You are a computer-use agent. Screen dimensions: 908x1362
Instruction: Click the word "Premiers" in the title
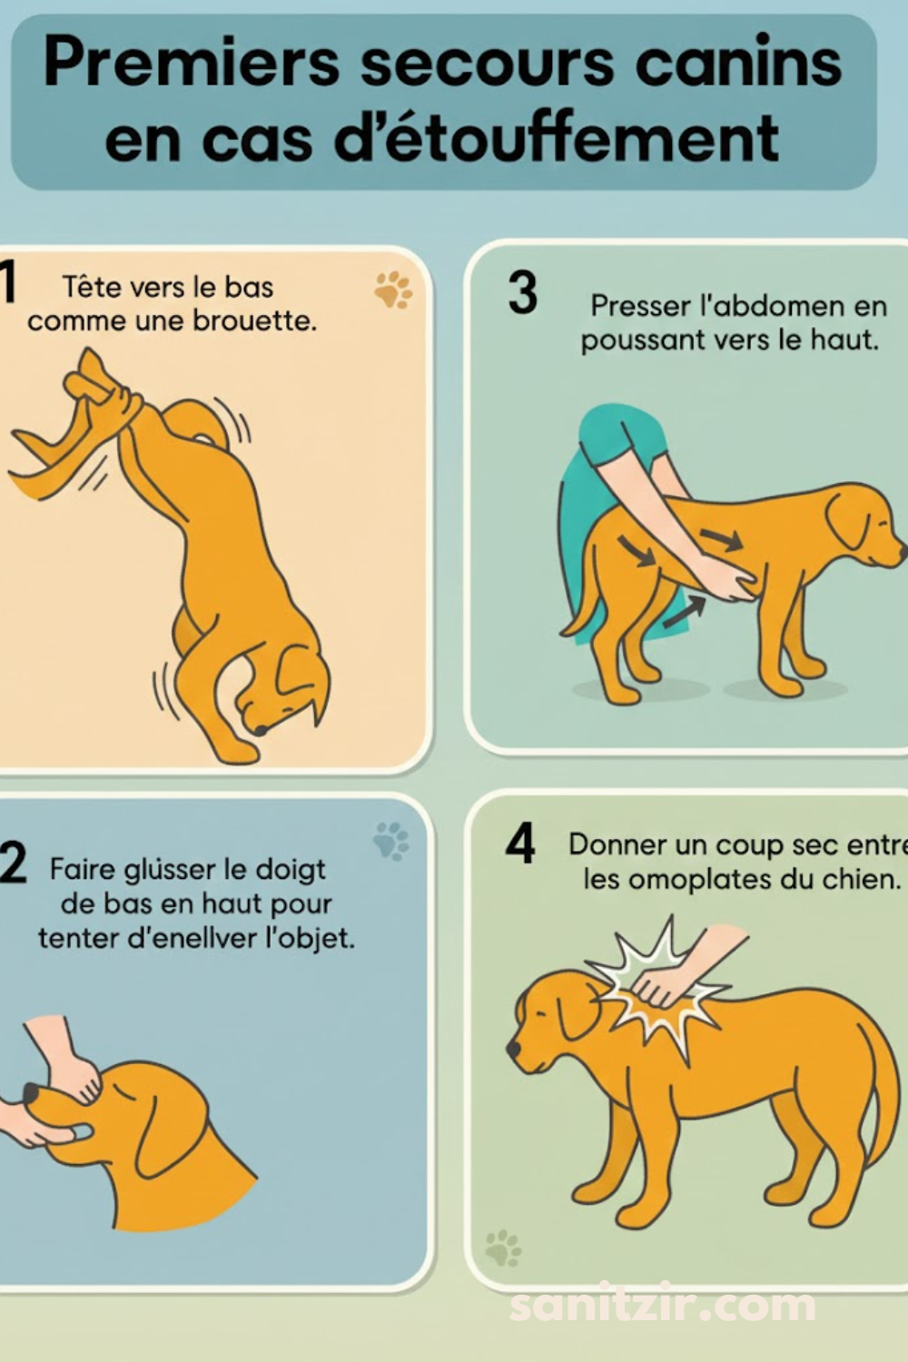(x=191, y=64)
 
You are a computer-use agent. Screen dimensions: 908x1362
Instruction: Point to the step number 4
(x=520, y=843)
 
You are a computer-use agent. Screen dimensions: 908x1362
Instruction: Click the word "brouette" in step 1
(x=255, y=321)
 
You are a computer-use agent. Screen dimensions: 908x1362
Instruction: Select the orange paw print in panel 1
(x=393, y=290)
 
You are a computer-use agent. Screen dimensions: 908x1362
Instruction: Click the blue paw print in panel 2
(x=391, y=840)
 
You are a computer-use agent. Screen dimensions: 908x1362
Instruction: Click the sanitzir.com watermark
(x=662, y=1306)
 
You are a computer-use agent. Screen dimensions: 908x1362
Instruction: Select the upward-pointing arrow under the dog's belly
(x=684, y=612)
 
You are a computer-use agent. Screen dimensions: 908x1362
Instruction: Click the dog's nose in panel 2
(x=31, y=1092)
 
